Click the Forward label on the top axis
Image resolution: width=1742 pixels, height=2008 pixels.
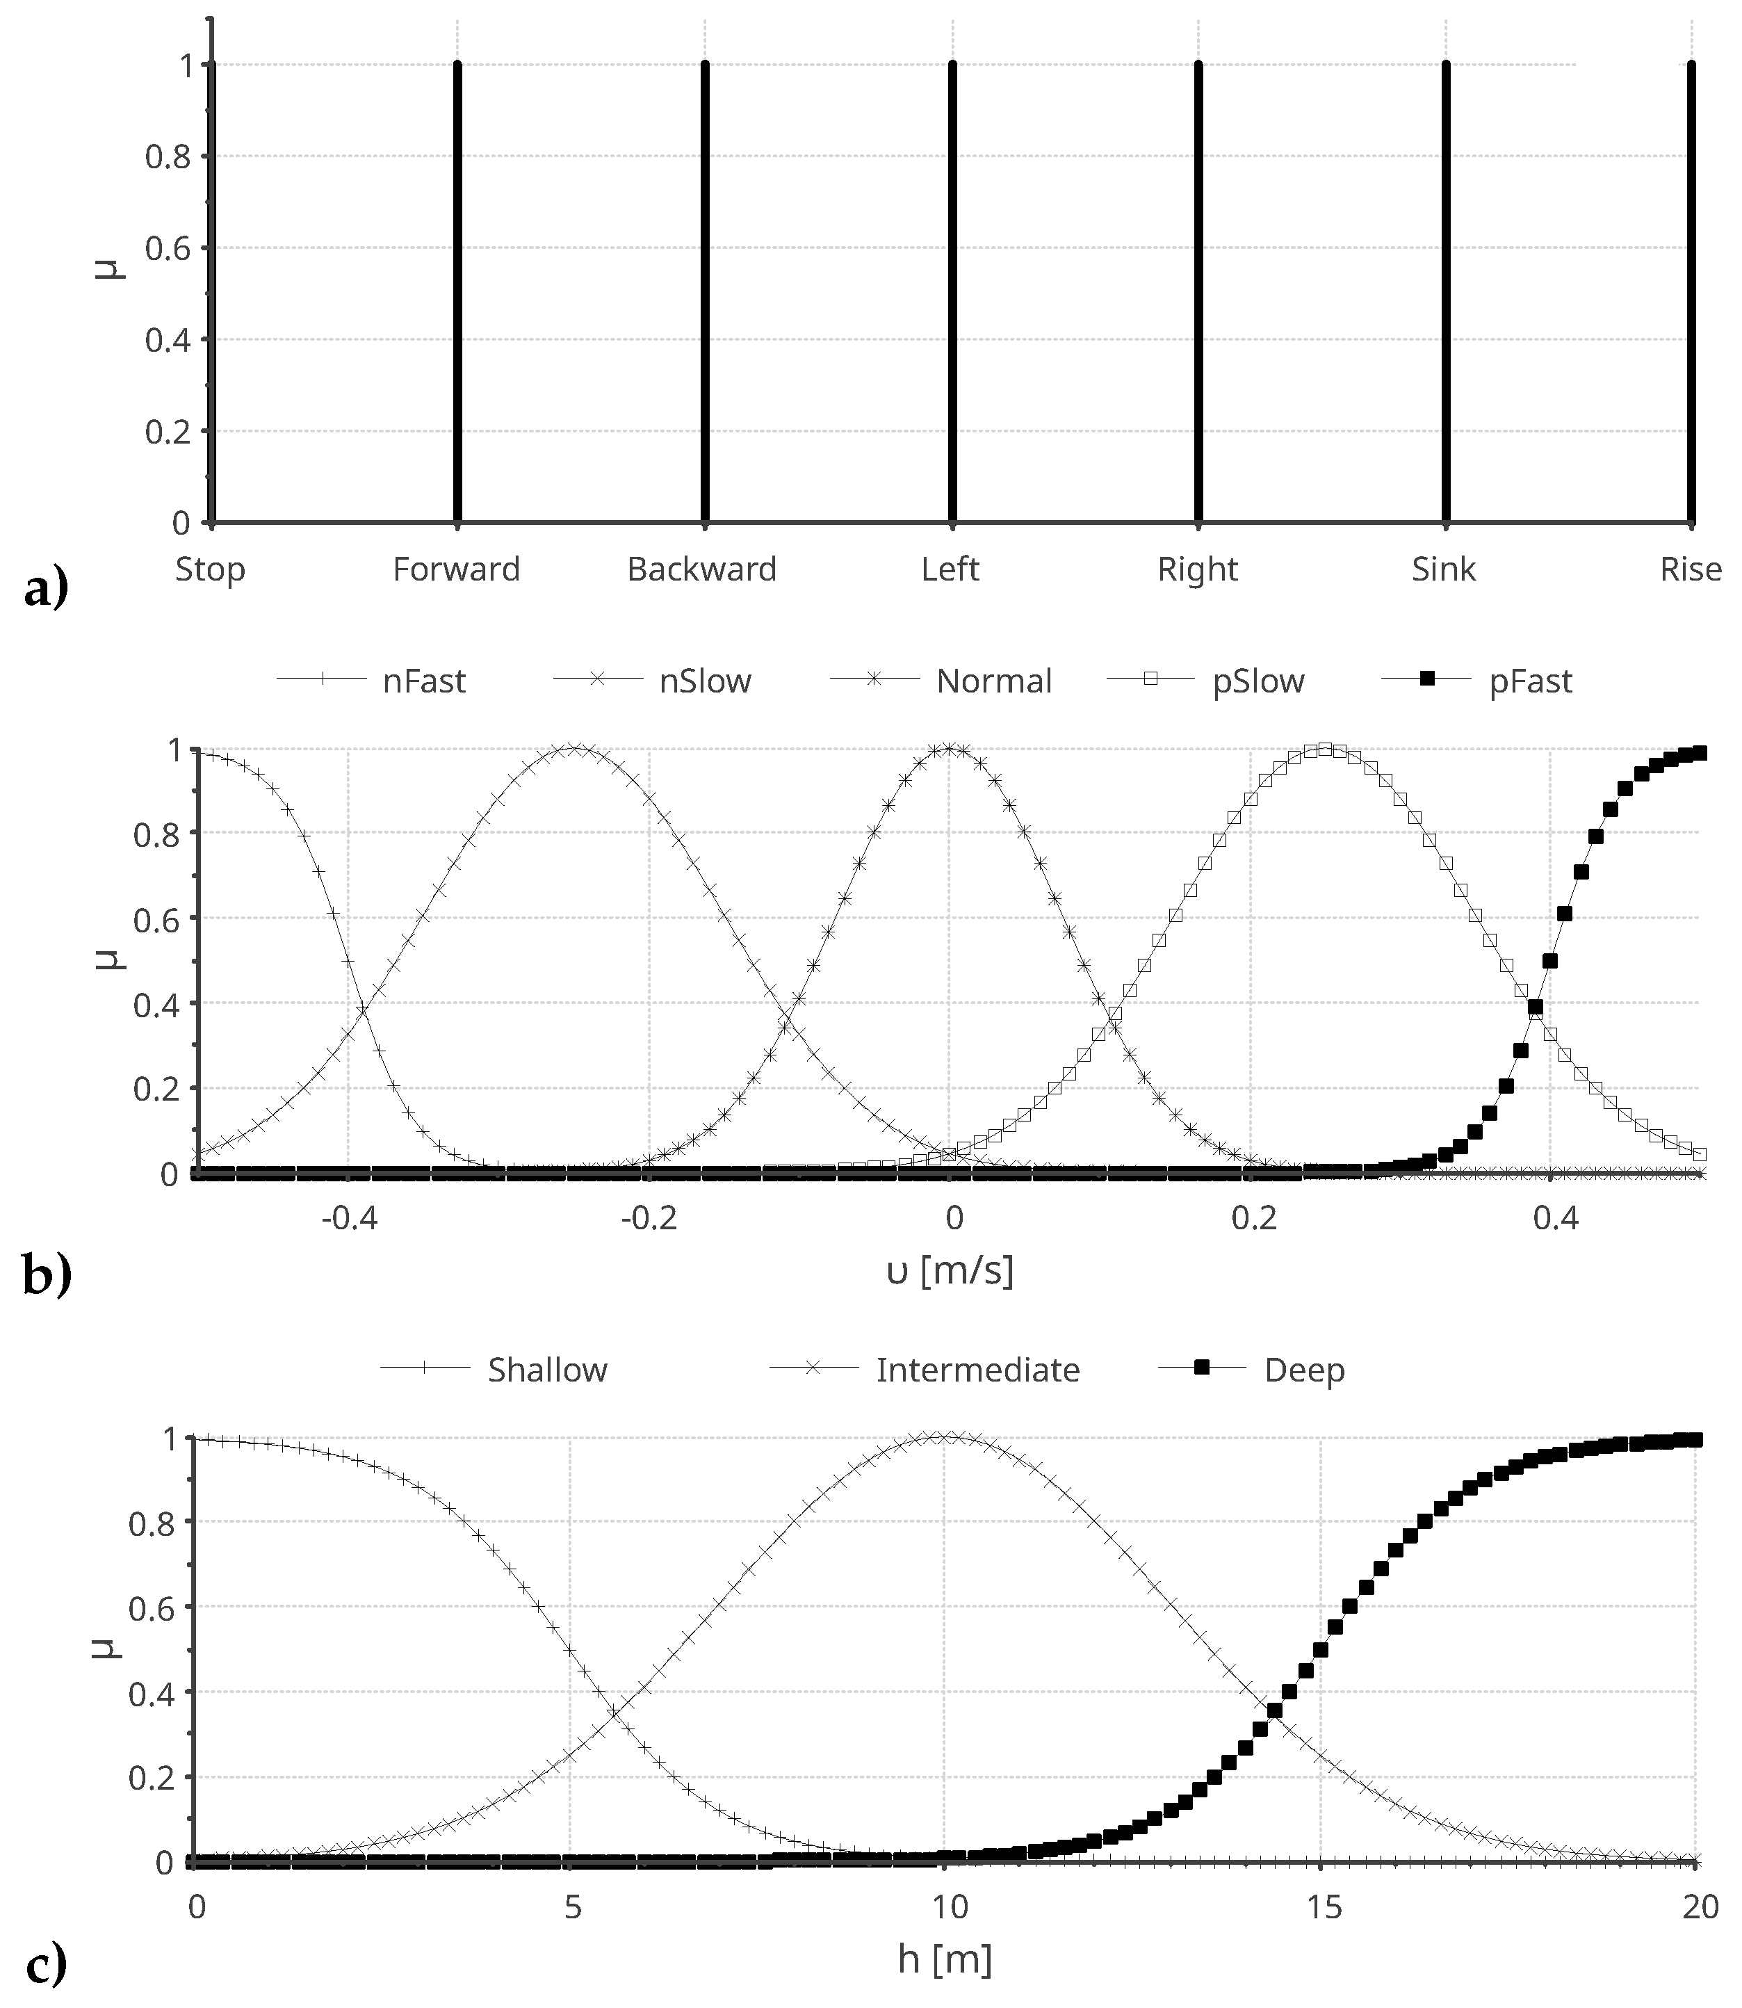click(456, 569)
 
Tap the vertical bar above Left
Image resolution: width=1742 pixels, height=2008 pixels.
click(952, 292)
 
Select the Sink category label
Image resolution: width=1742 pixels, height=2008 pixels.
click(1444, 569)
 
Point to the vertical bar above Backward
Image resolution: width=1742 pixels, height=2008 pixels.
click(705, 292)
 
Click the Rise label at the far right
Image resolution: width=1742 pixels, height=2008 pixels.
click(1691, 569)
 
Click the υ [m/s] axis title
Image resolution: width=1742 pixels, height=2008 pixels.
click(950, 1270)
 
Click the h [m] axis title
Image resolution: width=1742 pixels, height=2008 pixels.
click(945, 1960)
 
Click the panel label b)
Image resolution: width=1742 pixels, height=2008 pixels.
click(47, 1277)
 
